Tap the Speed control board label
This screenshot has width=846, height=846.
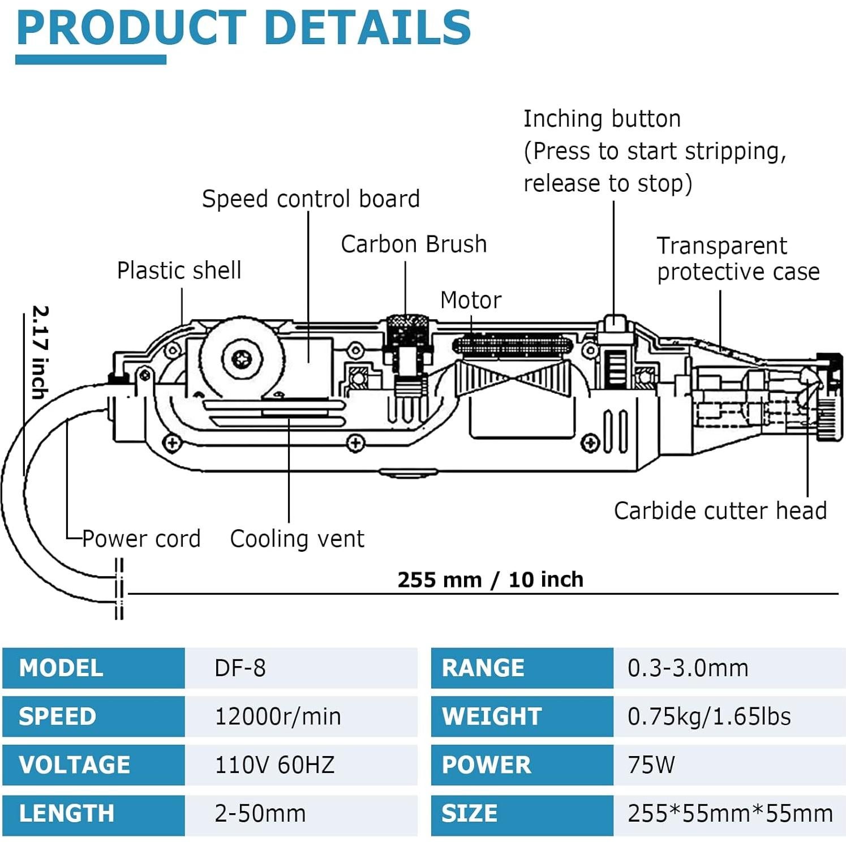click(311, 199)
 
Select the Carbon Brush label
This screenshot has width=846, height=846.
click(414, 244)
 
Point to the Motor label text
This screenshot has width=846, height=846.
click(471, 300)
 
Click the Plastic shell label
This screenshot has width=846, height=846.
click(179, 270)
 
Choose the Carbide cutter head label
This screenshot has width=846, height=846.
click(720, 511)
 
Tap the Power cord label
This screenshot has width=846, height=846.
click(141, 539)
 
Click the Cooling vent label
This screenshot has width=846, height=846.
click(297, 539)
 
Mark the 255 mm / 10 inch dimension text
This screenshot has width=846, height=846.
click(490, 580)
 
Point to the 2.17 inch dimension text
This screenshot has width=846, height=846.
click(40, 352)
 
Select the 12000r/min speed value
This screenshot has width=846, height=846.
click(278, 717)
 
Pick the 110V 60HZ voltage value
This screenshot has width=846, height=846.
click(274, 765)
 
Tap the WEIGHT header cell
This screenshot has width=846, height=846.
click(491, 717)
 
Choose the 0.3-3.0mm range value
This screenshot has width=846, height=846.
click(688, 668)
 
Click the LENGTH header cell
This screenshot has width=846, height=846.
click(66, 814)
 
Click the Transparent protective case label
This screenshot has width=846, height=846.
click(738, 259)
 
